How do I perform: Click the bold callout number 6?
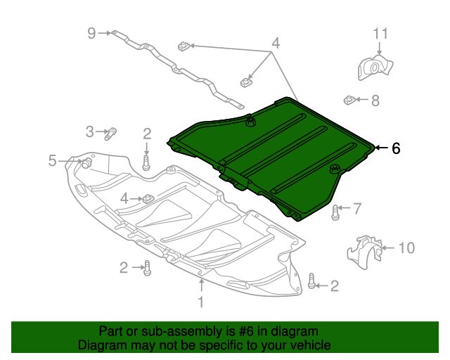click(396, 148)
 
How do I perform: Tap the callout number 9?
click(91, 33)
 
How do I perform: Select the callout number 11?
click(380, 34)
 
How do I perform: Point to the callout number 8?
click(375, 101)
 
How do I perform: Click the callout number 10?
click(406, 247)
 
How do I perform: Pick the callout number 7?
click(357, 208)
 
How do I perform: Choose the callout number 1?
click(201, 302)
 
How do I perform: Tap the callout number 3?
click(90, 131)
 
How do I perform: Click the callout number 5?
click(52, 160)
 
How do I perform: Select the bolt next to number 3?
click(110, 134)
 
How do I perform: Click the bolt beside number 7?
click(335, 213)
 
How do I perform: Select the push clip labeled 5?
click(86, 163)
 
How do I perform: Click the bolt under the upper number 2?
click(146, 163)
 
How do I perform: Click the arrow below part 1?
click(202, 285)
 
